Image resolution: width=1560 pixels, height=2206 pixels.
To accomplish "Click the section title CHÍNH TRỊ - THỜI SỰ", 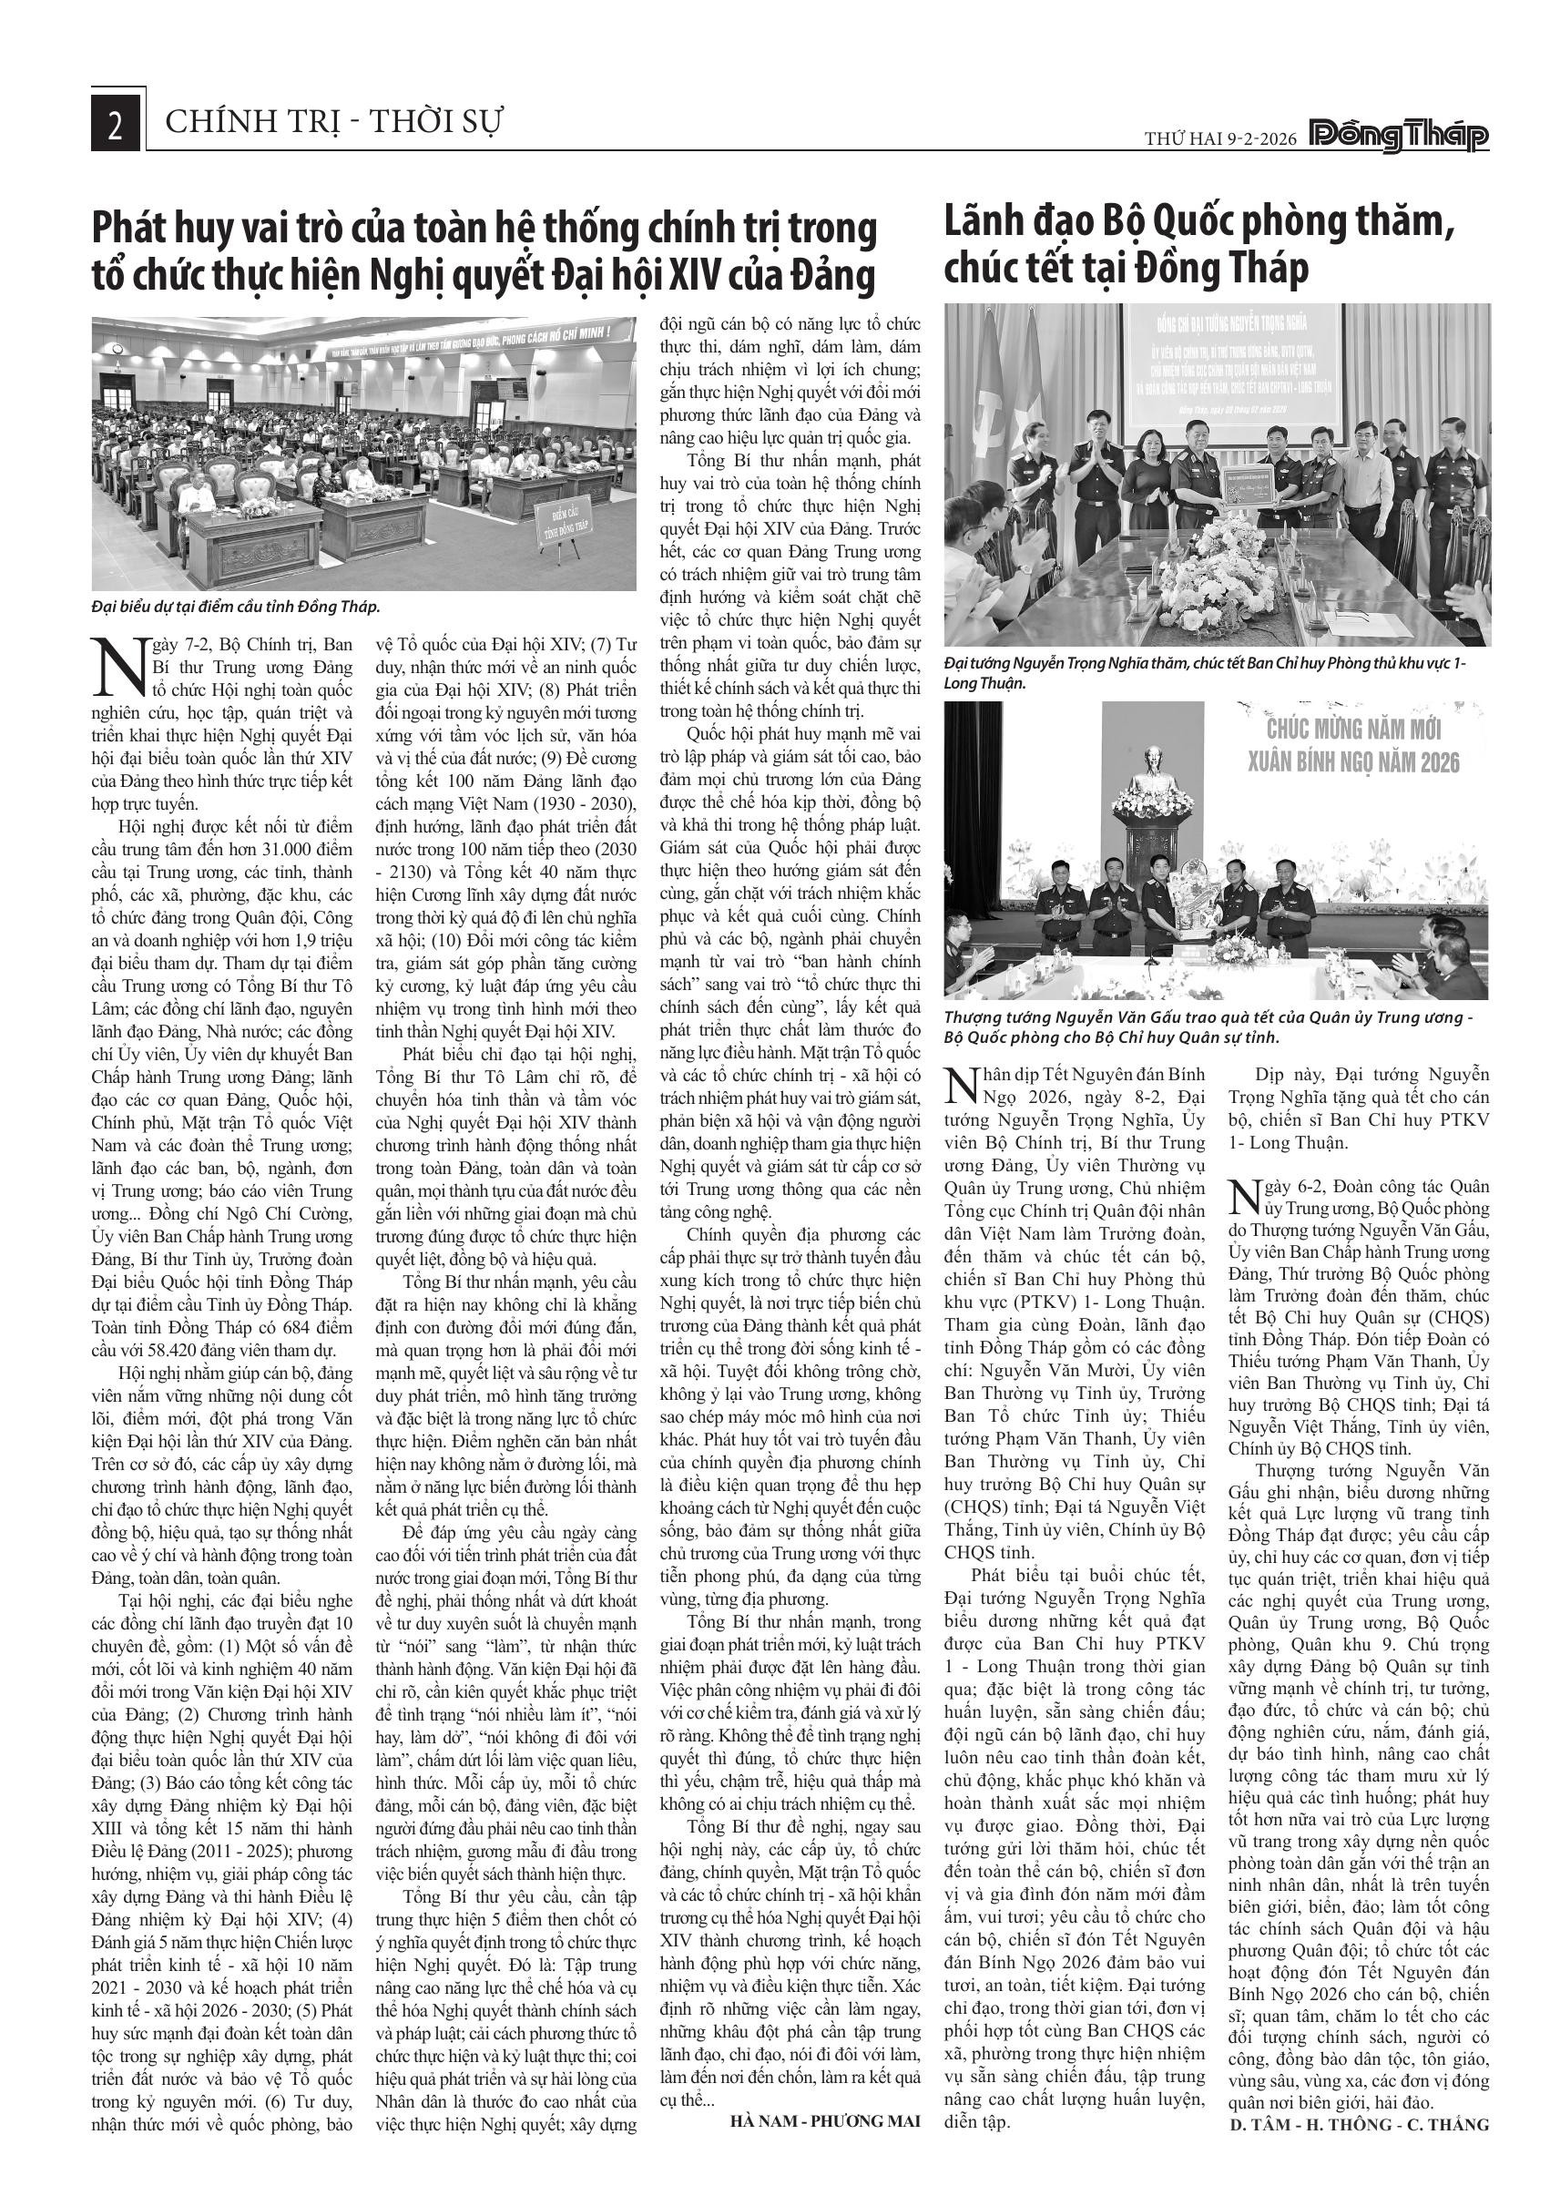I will pyautogui.click(x=334, y=123).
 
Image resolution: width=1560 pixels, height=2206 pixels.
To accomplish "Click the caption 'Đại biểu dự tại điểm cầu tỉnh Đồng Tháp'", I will pyautogui.click(x=236, y=607).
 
